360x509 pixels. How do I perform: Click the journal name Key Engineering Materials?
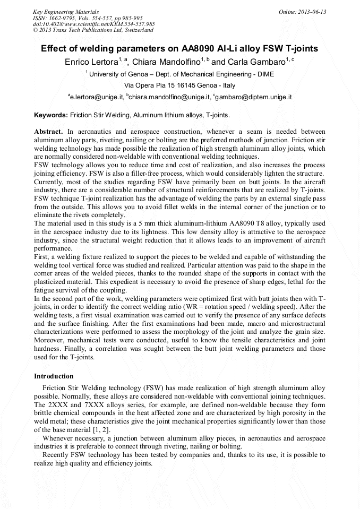point(65,12)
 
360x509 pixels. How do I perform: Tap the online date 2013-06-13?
point(312,12)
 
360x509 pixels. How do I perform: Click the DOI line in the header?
point(93,24)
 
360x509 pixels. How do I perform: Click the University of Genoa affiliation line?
point(181,74)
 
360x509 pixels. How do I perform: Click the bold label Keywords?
point(51,115)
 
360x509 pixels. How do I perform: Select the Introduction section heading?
point(54,376)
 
